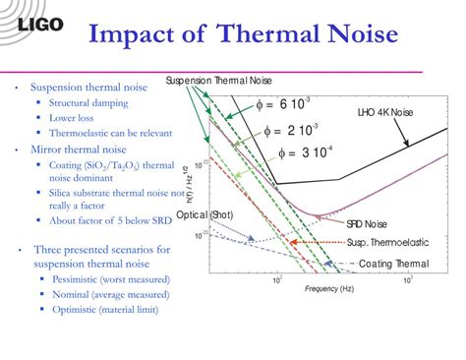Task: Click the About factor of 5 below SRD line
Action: coord(103,218)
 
